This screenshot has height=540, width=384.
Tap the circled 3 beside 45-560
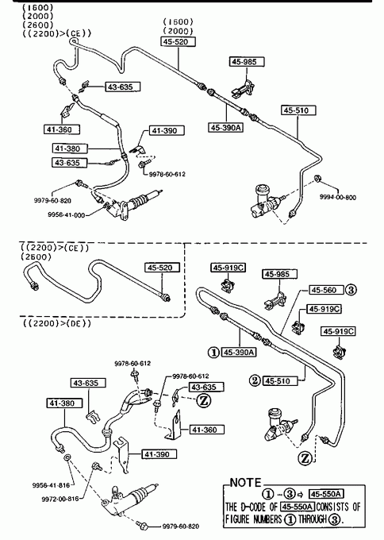click(351, 290)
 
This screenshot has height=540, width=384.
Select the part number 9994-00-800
click(337, 197)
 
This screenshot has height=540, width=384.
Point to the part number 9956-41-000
click(66, 215)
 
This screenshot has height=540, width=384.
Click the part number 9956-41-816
click(51, 485)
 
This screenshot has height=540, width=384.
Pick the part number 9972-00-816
click(60, 499)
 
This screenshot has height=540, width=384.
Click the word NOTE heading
click(245, 483)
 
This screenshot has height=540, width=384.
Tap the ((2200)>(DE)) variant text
click(57, 323)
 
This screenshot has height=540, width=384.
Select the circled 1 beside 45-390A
click(213, 353)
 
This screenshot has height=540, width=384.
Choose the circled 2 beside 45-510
click(255, 380)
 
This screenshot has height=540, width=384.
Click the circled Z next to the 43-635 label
click(203, 400)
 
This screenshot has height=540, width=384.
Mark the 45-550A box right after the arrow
click(326, 494)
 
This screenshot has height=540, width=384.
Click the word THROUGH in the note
click(312, 519)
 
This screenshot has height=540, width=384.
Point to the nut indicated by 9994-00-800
click(317, 179)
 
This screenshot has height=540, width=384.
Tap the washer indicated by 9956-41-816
click(67, 457)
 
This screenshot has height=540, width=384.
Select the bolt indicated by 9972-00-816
click(96, 466)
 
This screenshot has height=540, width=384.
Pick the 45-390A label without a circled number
click(226, 127)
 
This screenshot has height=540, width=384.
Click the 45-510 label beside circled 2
click(280, 381)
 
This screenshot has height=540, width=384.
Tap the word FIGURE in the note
click(238, 519)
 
